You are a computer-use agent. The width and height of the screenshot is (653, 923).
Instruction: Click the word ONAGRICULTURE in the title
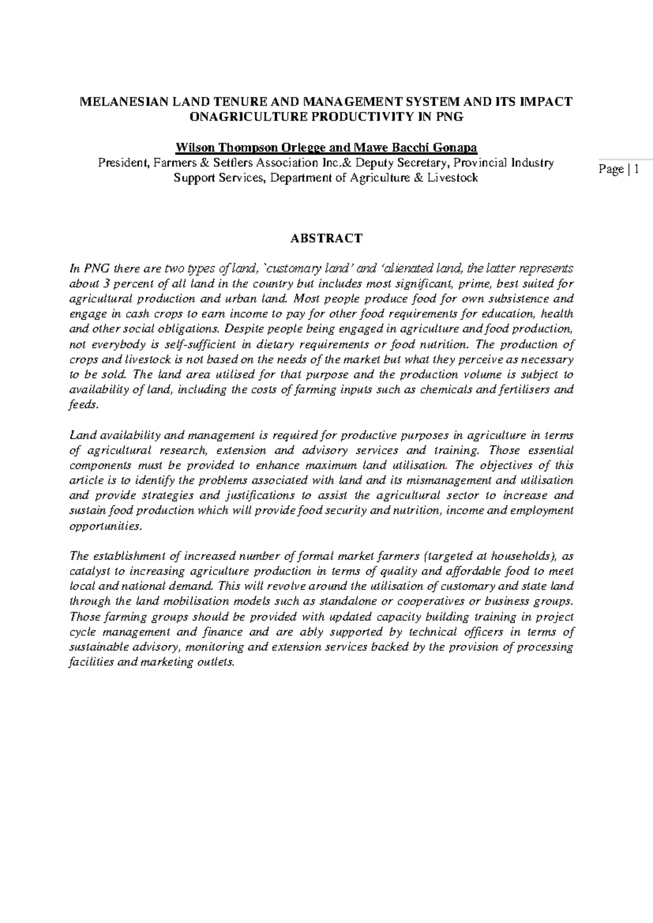(x=232, y=117)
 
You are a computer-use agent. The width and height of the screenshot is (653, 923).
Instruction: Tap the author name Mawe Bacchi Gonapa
(x=415, y=147)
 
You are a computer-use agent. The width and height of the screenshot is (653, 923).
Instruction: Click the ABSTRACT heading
(x=326, y=238)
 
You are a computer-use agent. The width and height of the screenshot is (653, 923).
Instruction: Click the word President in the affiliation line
(x=122, y=163)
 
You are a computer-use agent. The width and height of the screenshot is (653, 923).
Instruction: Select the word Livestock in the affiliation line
(x=452, y=177)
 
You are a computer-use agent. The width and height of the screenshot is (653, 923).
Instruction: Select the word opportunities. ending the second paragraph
(x=106, y=526)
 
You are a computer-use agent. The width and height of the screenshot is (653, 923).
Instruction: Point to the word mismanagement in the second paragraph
(x=449, y=481)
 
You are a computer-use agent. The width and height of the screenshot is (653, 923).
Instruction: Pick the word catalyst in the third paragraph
(x=88, y=571)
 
